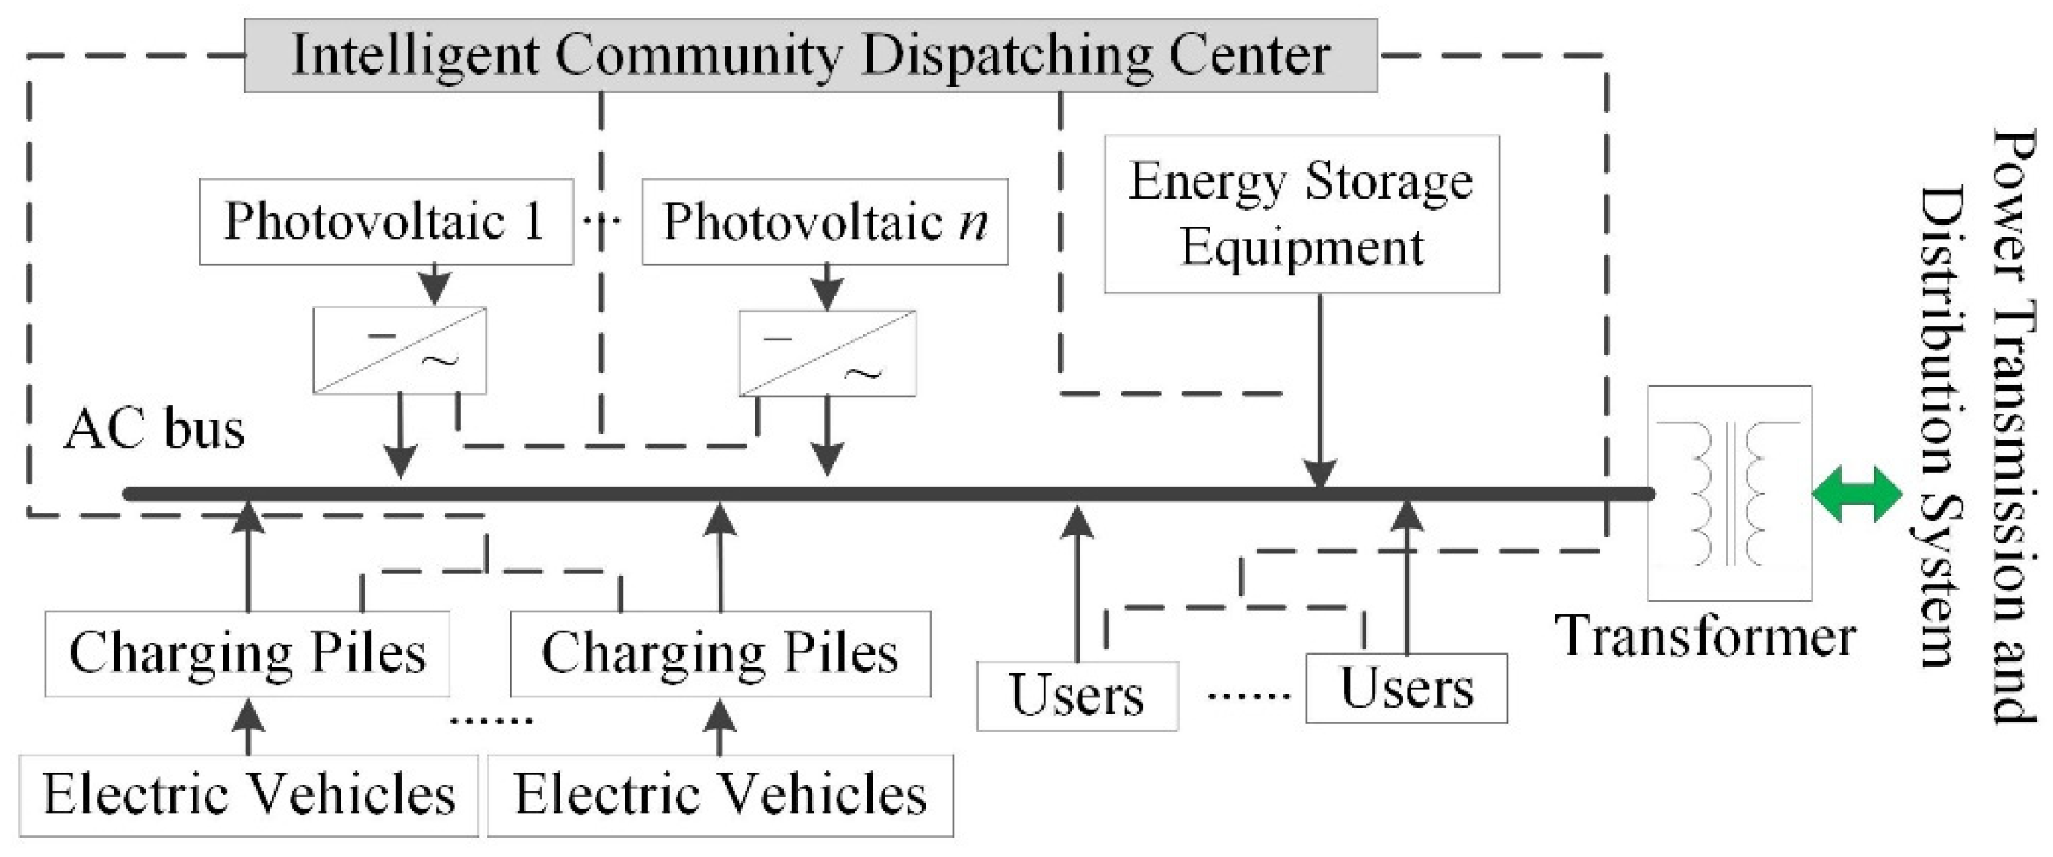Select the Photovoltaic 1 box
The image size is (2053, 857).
coord(385,221)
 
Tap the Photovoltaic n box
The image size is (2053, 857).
coord(825,221)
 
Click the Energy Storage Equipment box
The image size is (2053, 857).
coord(1301,214)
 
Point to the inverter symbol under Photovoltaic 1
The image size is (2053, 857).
coord(399,350)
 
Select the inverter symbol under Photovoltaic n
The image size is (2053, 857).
coord(827,353)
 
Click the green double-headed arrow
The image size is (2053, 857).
coord(1857,495)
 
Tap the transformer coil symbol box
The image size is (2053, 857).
coord(1730,492)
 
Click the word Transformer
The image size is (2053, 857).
coord(1706,638)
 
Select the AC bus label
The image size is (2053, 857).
coord(154,430)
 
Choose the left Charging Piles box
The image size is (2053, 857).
coord(247,653)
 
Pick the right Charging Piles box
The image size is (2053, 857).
coord(719,653)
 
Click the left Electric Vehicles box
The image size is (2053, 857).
coord(249,794)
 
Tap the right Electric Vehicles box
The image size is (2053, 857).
coord(719,794)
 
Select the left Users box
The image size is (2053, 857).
coord(1077,695)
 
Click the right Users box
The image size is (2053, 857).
coord(1406,688)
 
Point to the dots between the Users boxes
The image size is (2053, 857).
coord(1248,695)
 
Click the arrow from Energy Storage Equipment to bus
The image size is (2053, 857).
coord(1320,390)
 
